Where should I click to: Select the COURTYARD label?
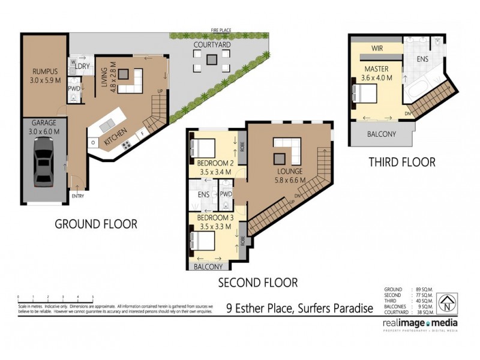210,45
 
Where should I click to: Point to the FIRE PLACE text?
221,29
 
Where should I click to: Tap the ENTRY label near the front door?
78,196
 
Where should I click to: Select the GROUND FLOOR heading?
96,224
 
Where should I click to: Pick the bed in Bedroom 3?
203,241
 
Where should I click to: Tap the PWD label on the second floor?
226,194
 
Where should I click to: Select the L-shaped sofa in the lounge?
287,149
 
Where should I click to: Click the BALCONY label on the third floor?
382,134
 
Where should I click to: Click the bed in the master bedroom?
365,94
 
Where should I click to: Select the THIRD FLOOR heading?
402,162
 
